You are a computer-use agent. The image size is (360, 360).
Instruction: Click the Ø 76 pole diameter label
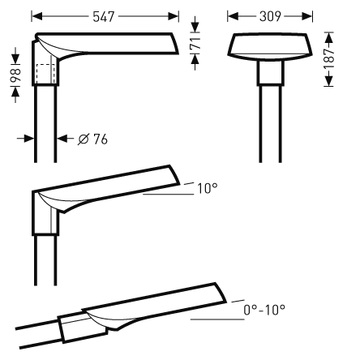94,139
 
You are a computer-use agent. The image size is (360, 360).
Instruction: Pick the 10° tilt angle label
208,188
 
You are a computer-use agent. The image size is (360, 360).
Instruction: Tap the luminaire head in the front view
268,48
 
